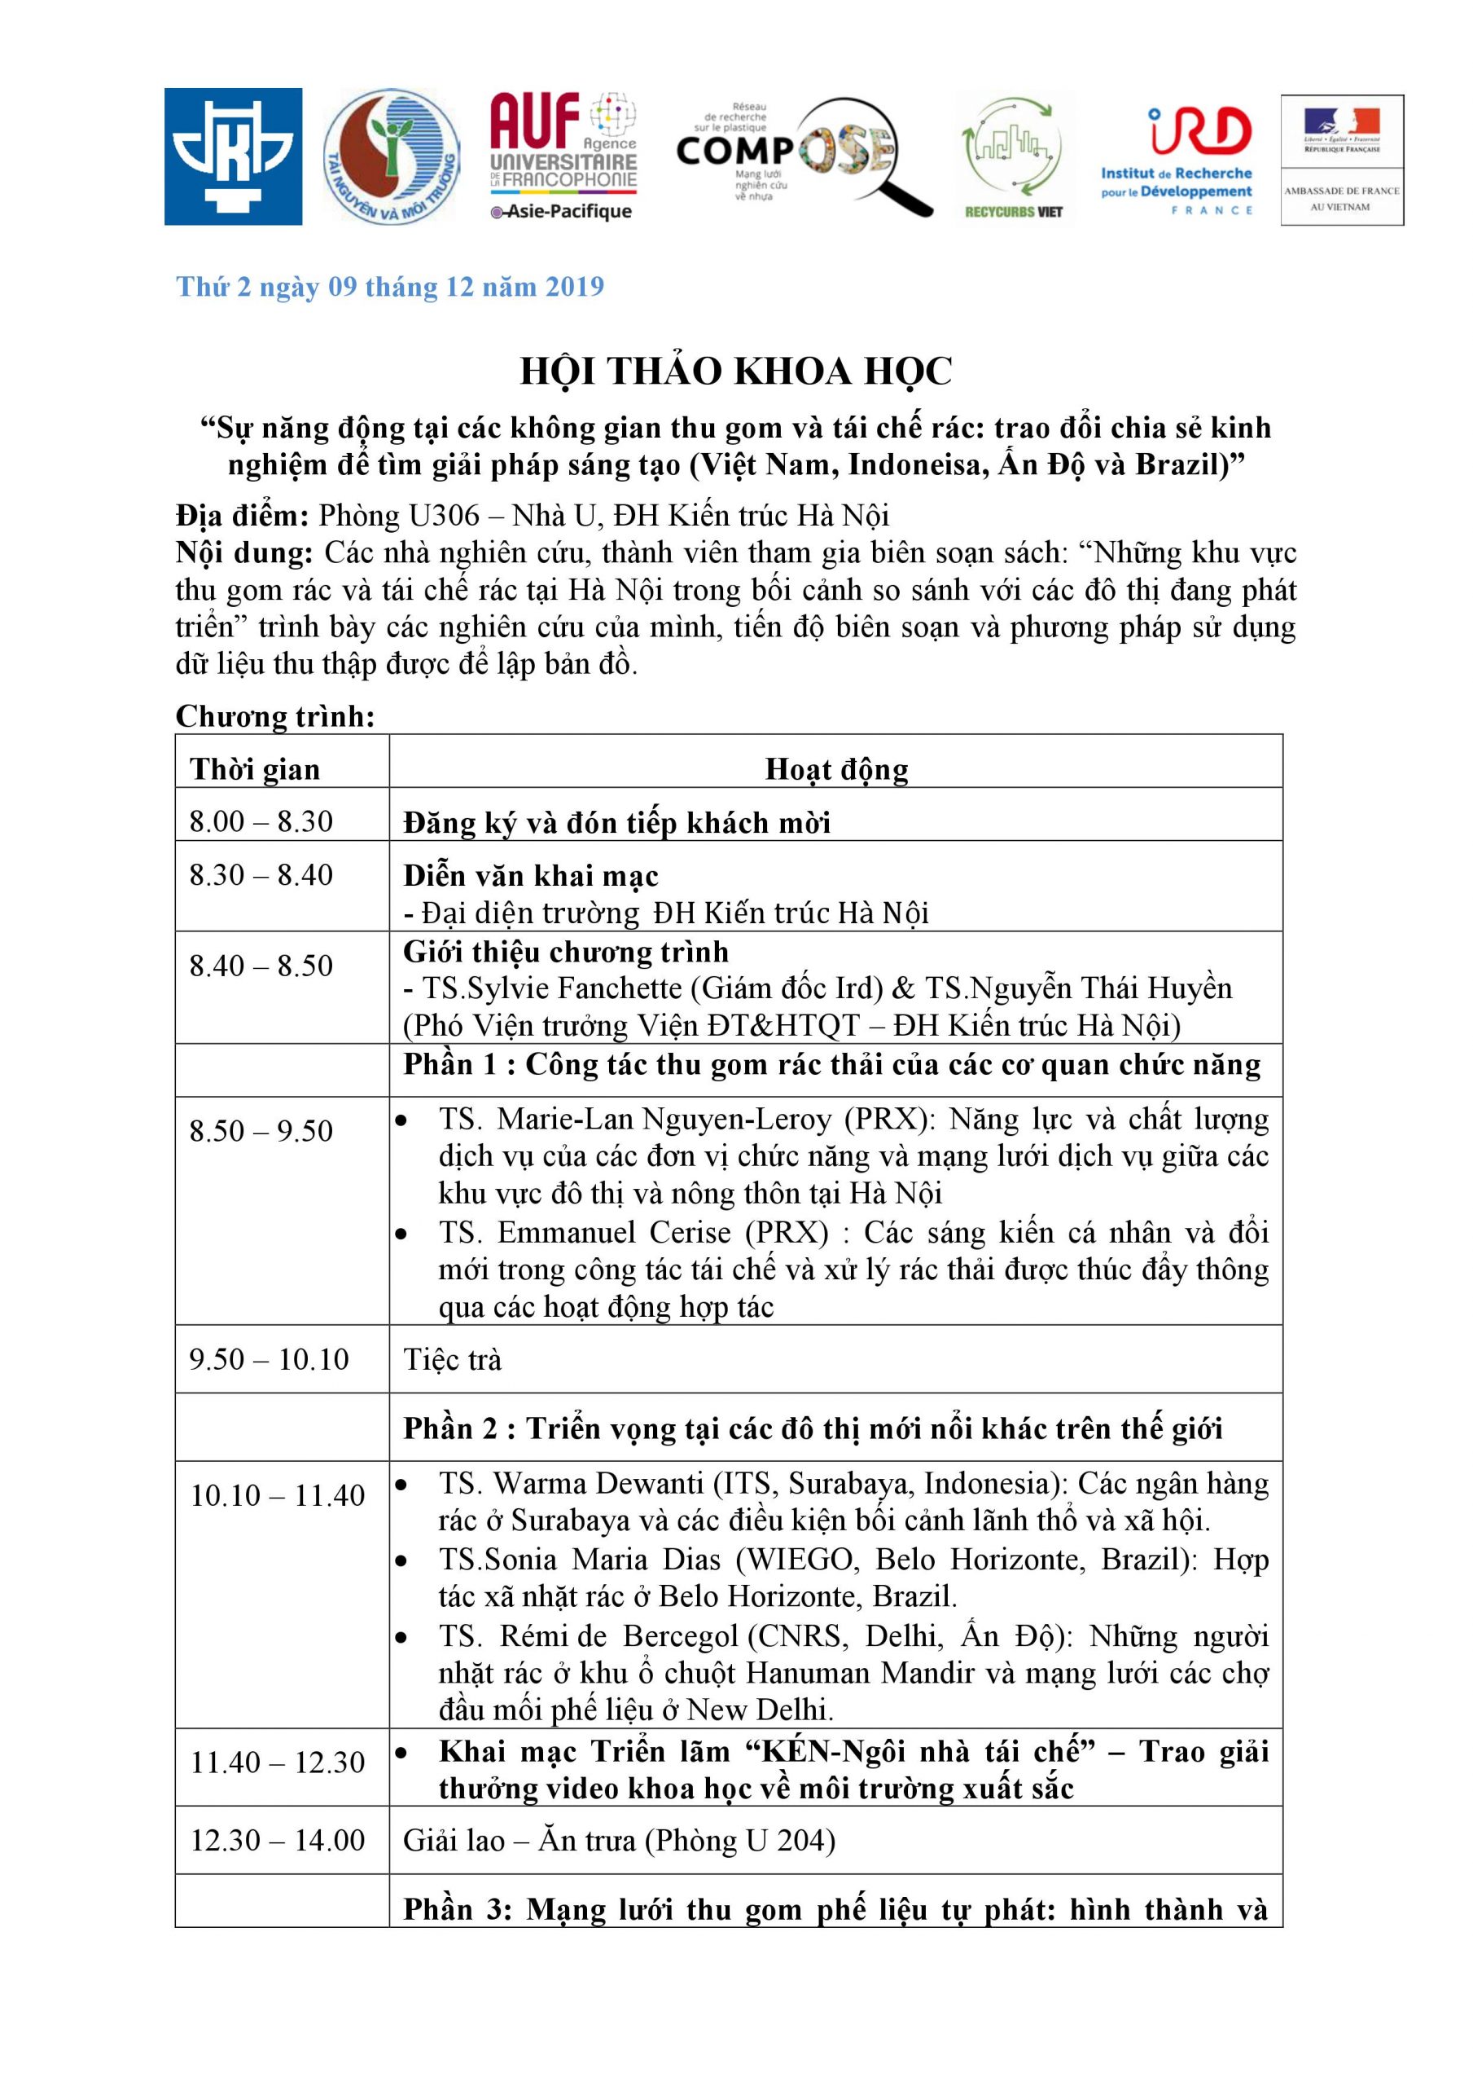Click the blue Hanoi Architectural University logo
click(234, 156)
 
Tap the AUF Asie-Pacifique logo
click(563, 156)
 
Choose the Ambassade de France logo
click(1341, 160)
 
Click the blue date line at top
click(391, 287)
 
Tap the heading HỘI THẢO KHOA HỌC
click(735, 372)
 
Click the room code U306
click(443, 516)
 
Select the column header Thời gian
click(255, 769)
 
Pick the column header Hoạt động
click(836, 769)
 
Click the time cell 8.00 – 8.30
click(261, 821)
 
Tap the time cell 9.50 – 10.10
click(269, 1359)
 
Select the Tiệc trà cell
click(452, 1360)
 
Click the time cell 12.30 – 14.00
click(277, 1840)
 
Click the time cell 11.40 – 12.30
click(277, 1763)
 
